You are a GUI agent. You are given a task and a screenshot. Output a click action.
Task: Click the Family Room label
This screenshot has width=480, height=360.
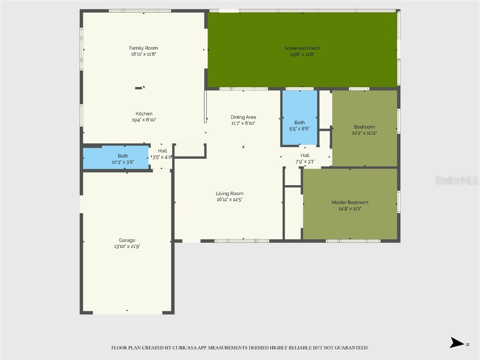[143, 48]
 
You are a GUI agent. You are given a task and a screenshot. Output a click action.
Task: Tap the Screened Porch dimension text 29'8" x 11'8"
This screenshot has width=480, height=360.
[302, 54]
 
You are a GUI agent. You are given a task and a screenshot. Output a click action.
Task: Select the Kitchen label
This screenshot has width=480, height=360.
[144, 113]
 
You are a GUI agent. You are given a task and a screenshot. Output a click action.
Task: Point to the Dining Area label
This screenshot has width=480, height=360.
[243, 117]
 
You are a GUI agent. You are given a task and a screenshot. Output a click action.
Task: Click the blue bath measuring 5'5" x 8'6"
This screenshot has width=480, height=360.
[300, 118]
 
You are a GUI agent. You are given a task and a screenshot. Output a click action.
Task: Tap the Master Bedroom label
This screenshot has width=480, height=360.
[350, 202]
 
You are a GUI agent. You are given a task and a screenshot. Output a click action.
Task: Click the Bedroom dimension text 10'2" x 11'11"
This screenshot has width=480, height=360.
[364, 133]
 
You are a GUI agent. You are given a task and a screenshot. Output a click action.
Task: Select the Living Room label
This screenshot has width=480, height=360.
[230, 194]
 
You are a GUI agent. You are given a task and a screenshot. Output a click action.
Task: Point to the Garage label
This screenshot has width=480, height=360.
[127, 240]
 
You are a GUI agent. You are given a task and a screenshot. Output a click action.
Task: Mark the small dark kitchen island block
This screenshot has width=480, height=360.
[139, 88]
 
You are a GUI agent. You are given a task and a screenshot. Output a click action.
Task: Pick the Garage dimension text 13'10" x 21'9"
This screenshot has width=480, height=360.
[127, 246]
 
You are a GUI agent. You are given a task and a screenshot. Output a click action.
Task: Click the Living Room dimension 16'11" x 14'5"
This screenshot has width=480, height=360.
[230, 200]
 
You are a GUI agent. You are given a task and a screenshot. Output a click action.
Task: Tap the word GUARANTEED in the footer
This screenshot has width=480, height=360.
[351, 348]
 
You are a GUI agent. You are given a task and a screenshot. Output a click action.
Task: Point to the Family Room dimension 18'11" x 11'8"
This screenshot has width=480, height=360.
[143, 54]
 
